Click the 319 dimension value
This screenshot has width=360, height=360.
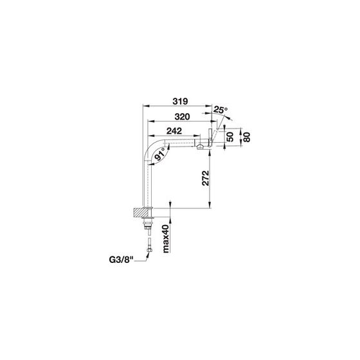(x=180, y=101)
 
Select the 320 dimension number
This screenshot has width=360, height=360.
(x=183, y=116)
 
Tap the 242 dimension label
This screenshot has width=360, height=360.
(x=174, y=131)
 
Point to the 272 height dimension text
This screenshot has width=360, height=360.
(x=206, y=178)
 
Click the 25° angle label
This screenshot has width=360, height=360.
(x=220, y=110)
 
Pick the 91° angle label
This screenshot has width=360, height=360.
(x=160, y=154)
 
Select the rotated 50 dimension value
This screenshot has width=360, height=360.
(x=230, y=137)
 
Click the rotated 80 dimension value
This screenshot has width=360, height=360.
(x=246, y=137)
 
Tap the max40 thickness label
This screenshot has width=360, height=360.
(x=166, y=239)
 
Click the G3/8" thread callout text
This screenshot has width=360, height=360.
(x=122, y=260)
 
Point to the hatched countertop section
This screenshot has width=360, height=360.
(x=138, y=212)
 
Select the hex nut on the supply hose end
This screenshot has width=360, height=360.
(x=149, y=249)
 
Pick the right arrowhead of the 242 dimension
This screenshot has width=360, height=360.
(x=197, y=136)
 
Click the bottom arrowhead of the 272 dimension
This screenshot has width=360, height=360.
(x=210, y=205)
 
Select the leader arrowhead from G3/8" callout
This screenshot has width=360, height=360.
(x=147, y=255)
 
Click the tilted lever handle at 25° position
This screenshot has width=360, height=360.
(x=215, y=137)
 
